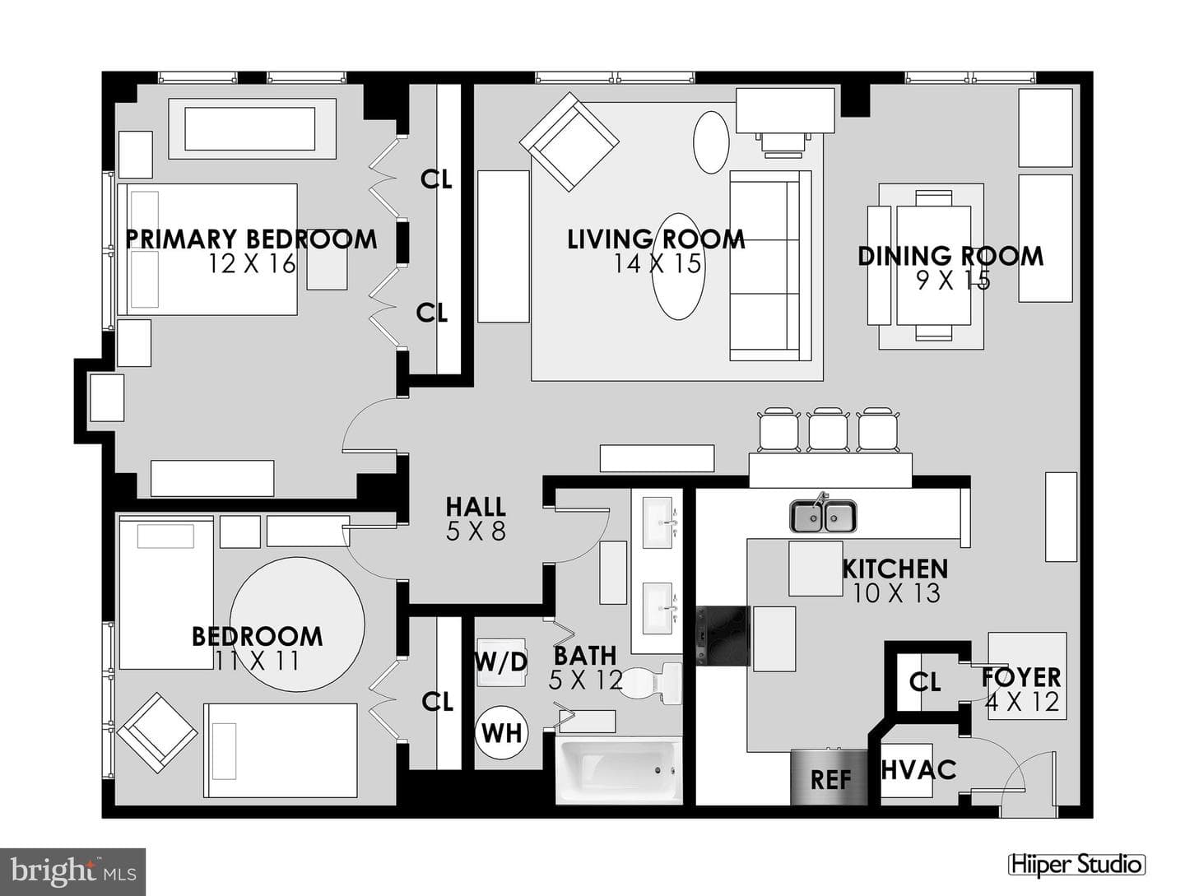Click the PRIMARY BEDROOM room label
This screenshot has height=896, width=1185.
click(x=251, y=239)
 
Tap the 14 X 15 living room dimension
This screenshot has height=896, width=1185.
click(x=658, y=264)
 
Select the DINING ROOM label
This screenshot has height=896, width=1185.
click(x=950, y=256)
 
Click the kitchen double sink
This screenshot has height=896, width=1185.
click(x=823, y=516)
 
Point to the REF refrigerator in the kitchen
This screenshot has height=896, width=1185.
click(x=829, y=778)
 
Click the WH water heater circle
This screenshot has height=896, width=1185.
click(x=501, y=733)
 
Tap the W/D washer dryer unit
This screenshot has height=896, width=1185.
click(x=501, y=662)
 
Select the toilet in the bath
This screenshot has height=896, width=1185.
click(x=652, y=684)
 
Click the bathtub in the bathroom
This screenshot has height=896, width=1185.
click(x=619, y=770)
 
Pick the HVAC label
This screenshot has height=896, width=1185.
click(x=918, y=768)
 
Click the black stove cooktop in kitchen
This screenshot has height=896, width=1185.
click(x=723, y=635)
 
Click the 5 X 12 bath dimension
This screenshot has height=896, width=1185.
click(x=585, y=680)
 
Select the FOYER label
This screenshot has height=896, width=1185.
click(x=1021, y=678)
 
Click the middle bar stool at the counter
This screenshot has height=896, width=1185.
click(x=827, y=429)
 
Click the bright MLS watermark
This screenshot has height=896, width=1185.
click(x=73, y=872)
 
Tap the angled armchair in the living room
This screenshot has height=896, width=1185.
click(x=569, y=142)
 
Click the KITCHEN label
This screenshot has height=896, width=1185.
click(x=895, y=569)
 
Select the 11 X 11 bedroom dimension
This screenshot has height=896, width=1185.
click(x=257, y=661)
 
